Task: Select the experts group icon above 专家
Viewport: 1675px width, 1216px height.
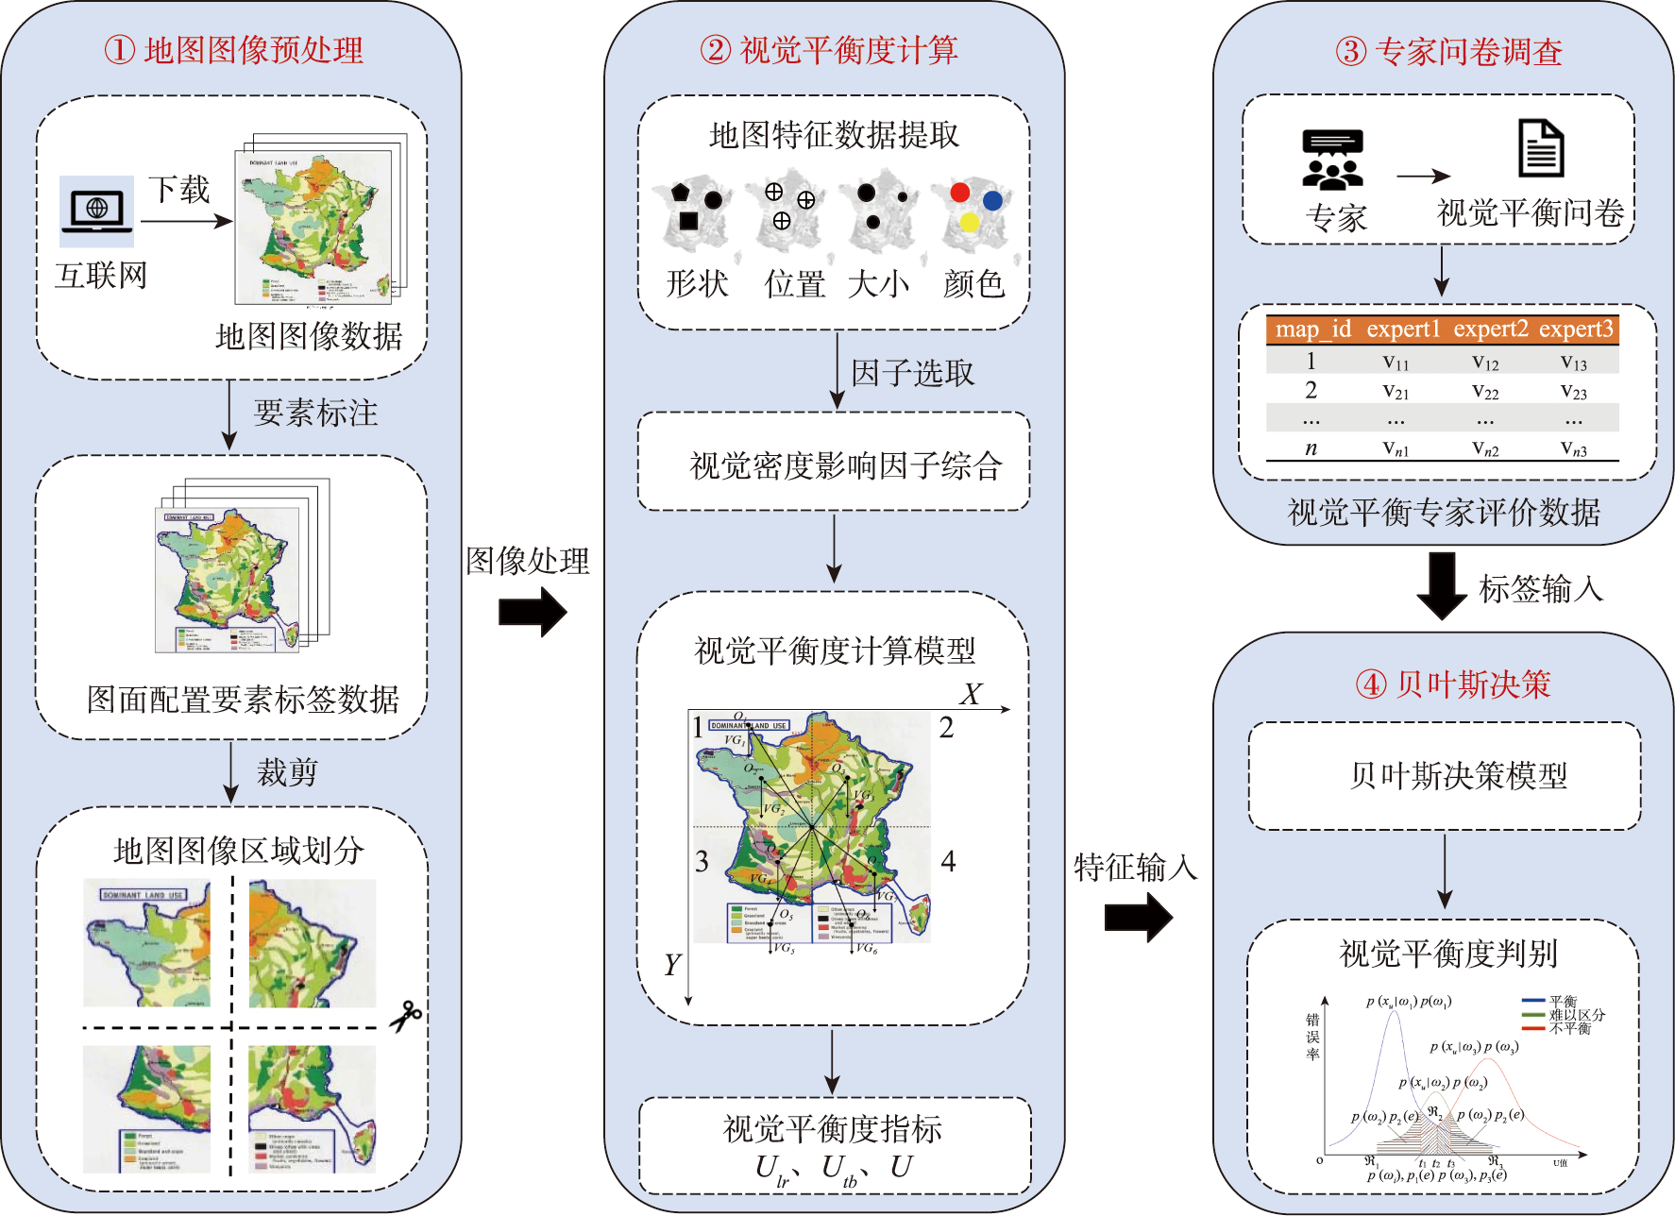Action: (x=1332, y=160)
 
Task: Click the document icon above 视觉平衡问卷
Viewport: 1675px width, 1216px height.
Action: (x=1541, y=148)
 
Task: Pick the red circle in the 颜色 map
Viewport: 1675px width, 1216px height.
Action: (x=960, y=193)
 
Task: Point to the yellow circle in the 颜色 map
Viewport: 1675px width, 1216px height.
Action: (x=969, y=223)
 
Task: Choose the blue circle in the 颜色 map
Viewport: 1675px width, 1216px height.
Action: (x=992, y=200)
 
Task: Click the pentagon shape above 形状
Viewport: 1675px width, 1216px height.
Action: (x=681, y=192)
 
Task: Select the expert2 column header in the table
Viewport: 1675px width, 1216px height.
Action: (x=1490, y=329)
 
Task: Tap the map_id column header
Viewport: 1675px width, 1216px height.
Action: (x=1312, y=329)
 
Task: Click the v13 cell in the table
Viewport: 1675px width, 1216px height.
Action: (x=1573, y=363)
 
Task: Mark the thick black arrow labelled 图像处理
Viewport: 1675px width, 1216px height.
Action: (x=533, y=612)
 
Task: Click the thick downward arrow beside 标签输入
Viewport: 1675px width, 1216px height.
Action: (x=1442, y=586)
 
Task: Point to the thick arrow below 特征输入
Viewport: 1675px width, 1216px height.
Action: (x=1138, y=916)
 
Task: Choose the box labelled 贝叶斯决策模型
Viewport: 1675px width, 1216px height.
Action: (x=1445, y=776)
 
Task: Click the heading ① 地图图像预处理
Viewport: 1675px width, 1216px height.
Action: (x=233, y=50)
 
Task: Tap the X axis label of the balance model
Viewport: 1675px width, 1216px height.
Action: (x=970, y=695)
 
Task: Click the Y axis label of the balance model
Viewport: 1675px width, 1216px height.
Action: (x=671, y=965)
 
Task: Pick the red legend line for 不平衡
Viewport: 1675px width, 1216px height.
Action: (x=1533, y=1028)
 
